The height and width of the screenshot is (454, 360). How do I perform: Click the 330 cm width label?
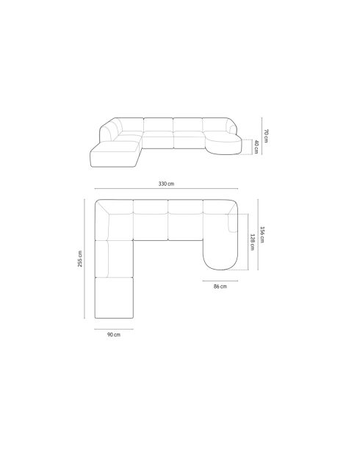[x=165, y=184]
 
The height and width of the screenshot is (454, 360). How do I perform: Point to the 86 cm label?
[x=219, y=286]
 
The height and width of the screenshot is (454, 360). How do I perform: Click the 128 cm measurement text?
[x=252, y=242]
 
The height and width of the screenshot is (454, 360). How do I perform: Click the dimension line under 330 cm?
[x=165, y=191]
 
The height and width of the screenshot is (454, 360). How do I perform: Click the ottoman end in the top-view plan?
[x=114, y=298]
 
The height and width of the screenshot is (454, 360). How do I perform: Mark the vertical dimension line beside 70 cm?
[x=261, y=135]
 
